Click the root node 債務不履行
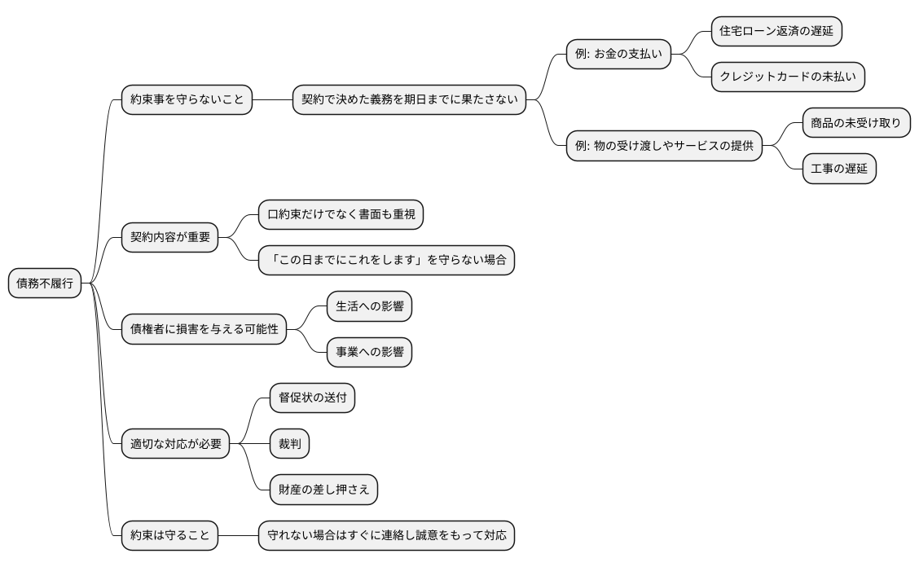click(x=45, y=283)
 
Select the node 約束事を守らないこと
click(x=186, y=100)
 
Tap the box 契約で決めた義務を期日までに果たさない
click(x=409, y=100)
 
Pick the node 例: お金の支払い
click(x=619, y=55)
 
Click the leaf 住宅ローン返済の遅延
click(x=776, y=32)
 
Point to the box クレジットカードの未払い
click(x=788, y=77)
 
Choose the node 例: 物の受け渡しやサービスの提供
click(x=665, y=147)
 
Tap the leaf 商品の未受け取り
click(x=856, y=123)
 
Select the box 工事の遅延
click(x=839, y=169)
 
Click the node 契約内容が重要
click(x=170, y=238)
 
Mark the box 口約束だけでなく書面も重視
click(x=341, y=215)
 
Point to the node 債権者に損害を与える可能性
click(x=204, y=329)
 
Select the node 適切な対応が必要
click(x=176, y=444)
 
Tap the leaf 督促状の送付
click(x=312, y=398)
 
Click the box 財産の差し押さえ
click(x=323, y=490)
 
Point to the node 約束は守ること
click(x=170, y=536)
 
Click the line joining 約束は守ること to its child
click(x=239, y=536)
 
